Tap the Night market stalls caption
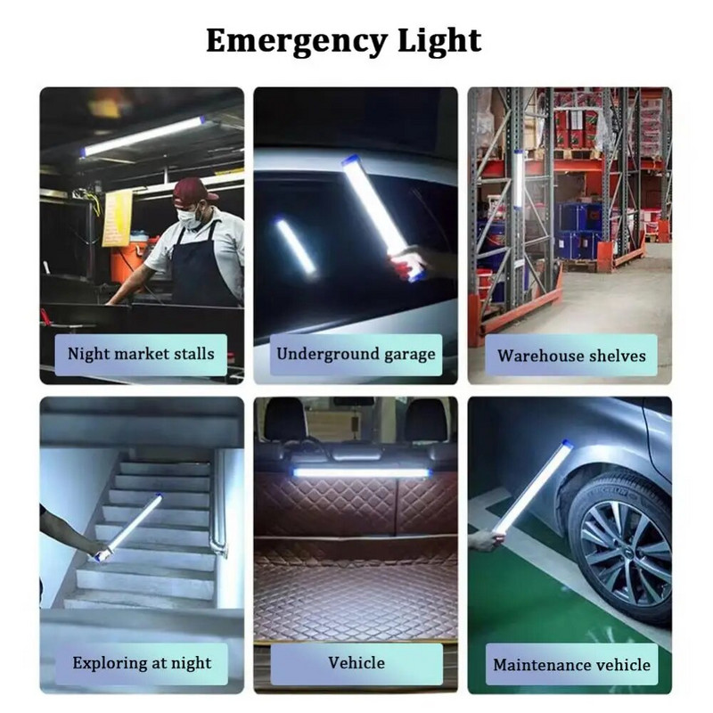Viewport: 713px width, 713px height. coord(141,354)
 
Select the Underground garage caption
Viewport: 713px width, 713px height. coord(356,354)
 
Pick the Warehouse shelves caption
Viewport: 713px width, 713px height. coord(571,356)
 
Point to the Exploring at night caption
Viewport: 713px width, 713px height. coord(142,663)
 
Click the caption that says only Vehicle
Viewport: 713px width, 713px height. coord(356,662)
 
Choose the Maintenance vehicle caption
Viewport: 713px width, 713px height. coord(571,664)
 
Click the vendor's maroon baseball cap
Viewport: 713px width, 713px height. coord(193,190)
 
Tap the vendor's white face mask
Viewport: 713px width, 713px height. coord(189,217)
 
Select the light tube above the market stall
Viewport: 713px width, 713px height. coord(143,136)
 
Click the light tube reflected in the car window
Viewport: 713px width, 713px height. coord(295,246)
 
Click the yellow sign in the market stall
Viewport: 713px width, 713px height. coord(117,217)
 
